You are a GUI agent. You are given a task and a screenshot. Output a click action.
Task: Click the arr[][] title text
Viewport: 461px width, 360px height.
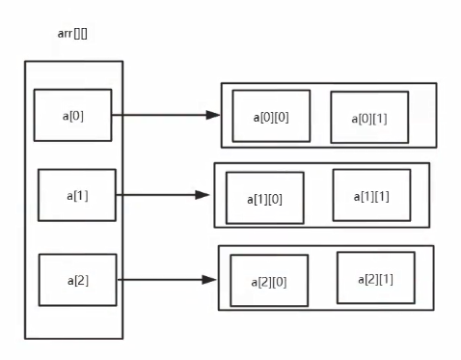pos(72,34)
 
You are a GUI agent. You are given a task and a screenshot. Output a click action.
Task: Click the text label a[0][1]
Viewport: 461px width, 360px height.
pos(369,119)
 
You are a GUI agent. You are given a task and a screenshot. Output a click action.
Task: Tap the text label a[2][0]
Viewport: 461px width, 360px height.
pos(269,282)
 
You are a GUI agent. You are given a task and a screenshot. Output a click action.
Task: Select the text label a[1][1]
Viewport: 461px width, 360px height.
pos(371,197)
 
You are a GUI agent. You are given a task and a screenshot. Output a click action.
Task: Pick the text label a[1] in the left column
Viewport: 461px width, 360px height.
pos(77,196)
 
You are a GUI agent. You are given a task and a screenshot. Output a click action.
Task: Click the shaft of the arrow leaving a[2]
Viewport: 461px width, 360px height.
pos(160,280)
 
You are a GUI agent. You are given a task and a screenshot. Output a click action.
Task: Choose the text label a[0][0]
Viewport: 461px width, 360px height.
pos(271,118)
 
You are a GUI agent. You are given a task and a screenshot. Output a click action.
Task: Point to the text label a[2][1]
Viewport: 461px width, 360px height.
pos(376,279)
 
